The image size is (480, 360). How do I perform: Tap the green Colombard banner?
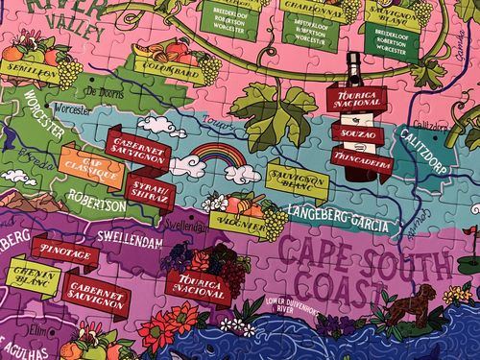pyautogui.click(x=164, y=69)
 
